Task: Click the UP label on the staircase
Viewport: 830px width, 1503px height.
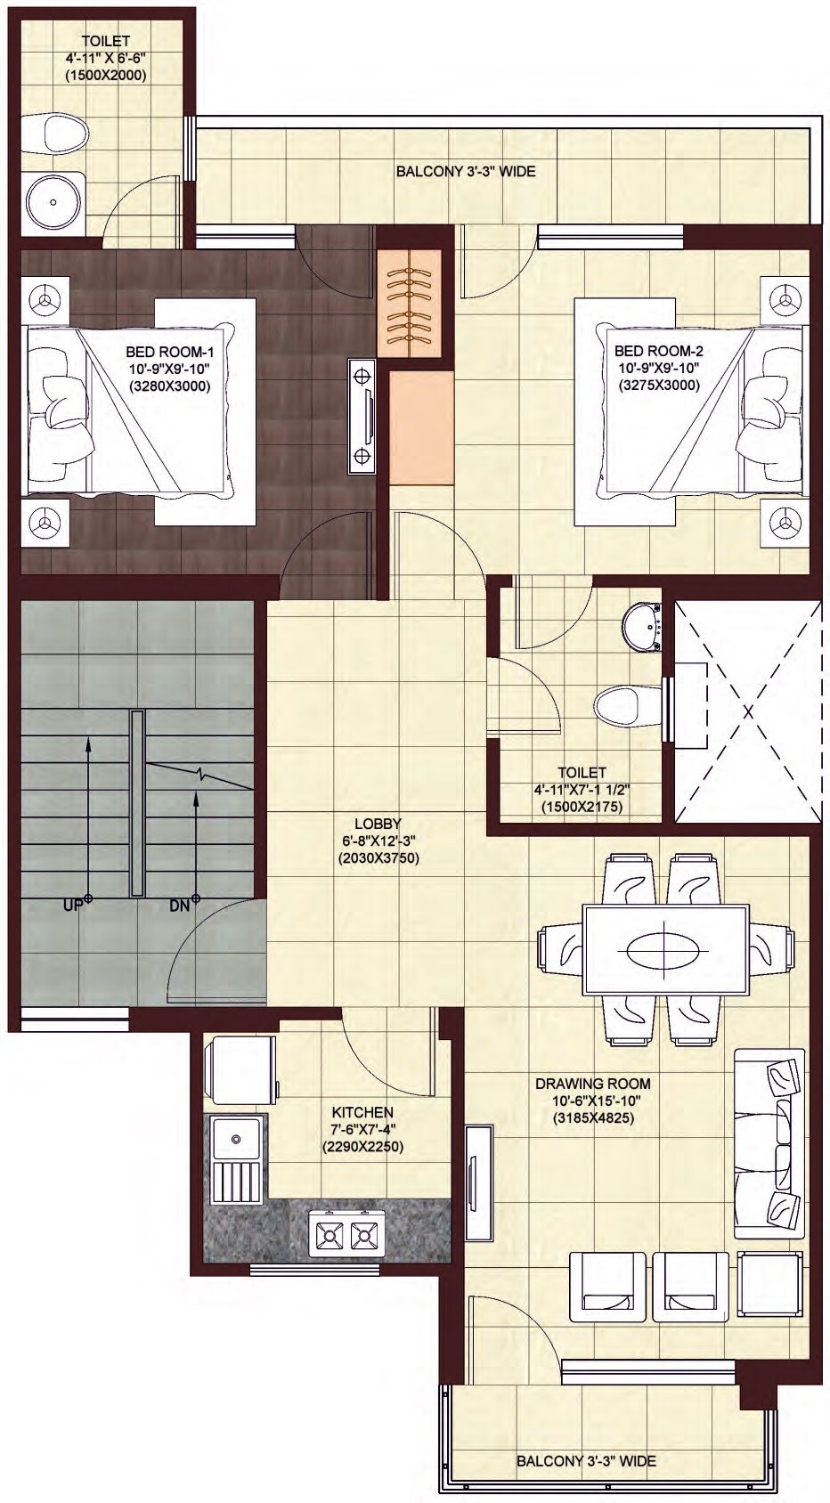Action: [72, 906]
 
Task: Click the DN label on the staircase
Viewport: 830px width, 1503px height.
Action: [180, 906]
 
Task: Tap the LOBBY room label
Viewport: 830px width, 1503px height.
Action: [378, 824]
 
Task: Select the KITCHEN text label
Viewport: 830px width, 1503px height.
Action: [362, 1112]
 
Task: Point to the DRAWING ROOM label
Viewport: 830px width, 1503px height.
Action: [592, 1084]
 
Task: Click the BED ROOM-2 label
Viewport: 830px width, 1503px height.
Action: [658, 352]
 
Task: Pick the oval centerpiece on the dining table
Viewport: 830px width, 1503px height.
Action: [664, 950]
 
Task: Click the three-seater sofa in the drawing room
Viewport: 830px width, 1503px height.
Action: [769, 1143]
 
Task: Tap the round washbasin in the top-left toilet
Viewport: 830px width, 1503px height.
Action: [54, 202]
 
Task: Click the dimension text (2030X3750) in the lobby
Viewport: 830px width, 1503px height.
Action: [378, 859]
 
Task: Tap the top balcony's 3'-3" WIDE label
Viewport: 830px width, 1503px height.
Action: [466, 171]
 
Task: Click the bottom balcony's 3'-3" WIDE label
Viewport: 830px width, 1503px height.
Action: [586, 1461]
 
